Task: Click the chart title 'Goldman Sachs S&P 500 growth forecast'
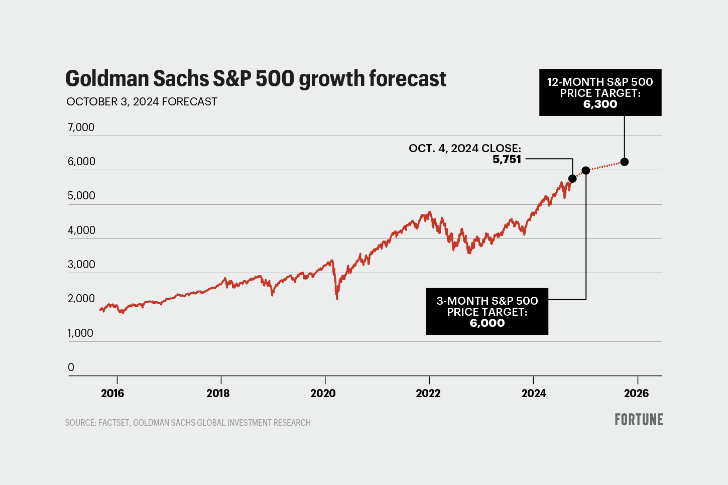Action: [256, 79]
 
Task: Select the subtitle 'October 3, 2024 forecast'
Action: [142, 102]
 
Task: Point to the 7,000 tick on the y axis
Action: [81, 128]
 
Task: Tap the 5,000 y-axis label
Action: [81, 196]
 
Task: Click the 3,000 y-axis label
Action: [81, 265]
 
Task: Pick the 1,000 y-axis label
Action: [80, 333]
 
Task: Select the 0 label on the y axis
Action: [71, 368]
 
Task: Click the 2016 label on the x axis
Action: [112, 393]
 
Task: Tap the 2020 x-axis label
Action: [323, 393]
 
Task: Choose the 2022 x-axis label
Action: [428, 393]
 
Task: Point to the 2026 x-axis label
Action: [636, 393]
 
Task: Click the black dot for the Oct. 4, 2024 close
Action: [572, 179]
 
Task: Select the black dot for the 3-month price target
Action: [585, 171]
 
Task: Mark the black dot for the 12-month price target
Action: [625, 162]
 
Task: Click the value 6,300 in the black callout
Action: [600, 104]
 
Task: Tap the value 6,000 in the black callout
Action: [487, 323]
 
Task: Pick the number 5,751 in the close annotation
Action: [507, 160]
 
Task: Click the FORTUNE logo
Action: [639, 420]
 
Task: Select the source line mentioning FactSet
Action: [188, 423]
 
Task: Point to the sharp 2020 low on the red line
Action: [337, 299]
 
